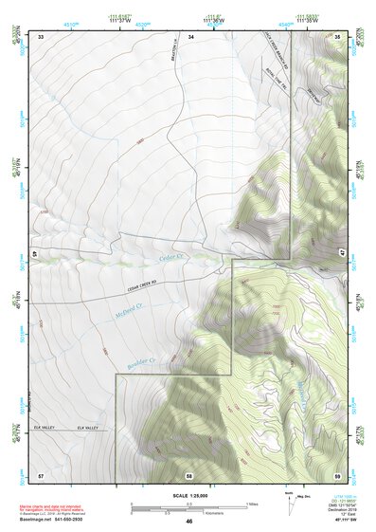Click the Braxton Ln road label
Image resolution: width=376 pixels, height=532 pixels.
(x=175, y=59)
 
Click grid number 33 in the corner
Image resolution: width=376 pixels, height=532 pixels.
(x=41, y=36)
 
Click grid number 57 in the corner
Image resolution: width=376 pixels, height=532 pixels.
(x=41, y=472)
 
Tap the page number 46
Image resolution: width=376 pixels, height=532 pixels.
(x=189, y=522)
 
